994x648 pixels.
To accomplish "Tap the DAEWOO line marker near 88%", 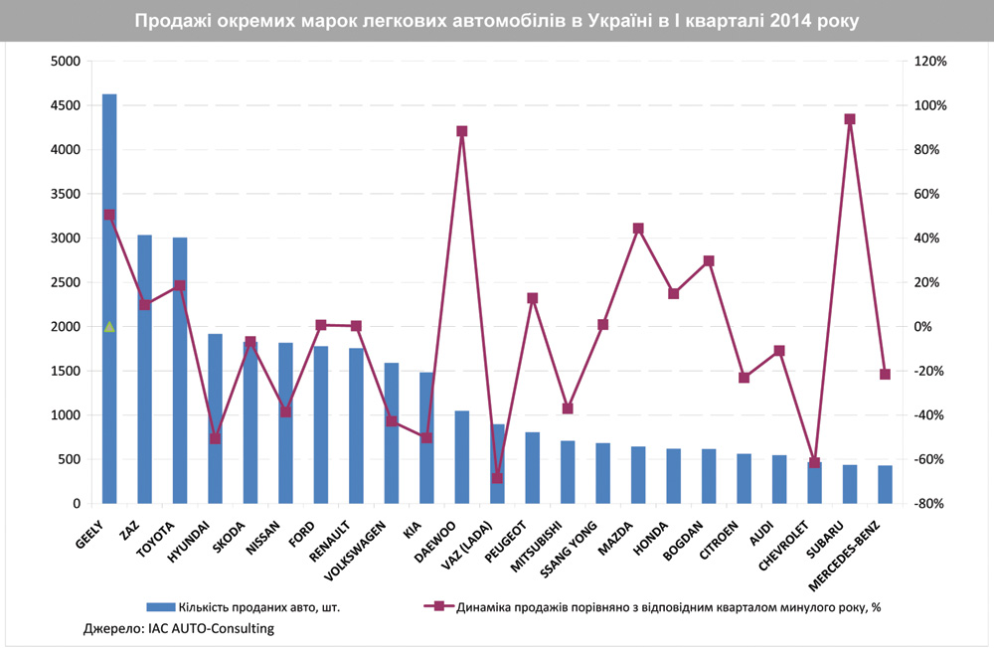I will [x=462, y=131].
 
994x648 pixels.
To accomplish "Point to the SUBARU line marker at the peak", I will [x=850, y=119].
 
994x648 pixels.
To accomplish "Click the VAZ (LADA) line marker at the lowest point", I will [x=497, y=478].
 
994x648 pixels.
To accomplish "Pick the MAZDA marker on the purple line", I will [x=638, y=229].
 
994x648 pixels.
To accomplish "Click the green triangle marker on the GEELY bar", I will [x=109, y=326].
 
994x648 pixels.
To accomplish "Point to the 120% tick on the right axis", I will [x=931, y=62].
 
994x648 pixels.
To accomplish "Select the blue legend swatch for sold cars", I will [x=161, y=605].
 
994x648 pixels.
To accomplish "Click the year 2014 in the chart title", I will [x=791, y=20].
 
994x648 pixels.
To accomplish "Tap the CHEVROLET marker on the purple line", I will [x=814, y=462].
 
